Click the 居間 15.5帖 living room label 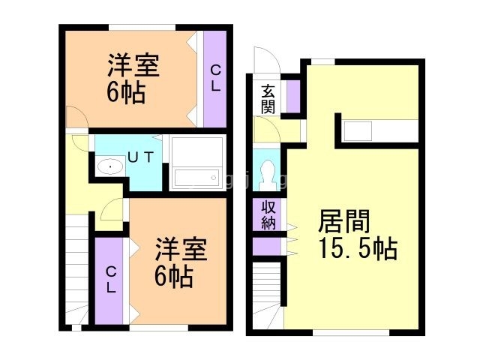tap(357, 234)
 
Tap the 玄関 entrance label tap(268, 99)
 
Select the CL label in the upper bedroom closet tap(215, 78)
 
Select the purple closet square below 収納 tap(265, 245)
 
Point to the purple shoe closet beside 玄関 tap(292, 94)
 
